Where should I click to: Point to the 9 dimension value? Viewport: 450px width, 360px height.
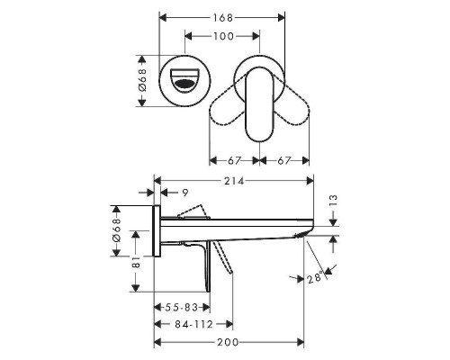click(x=184, y=192)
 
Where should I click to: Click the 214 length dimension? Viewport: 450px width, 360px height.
click(x=237, y=181)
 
